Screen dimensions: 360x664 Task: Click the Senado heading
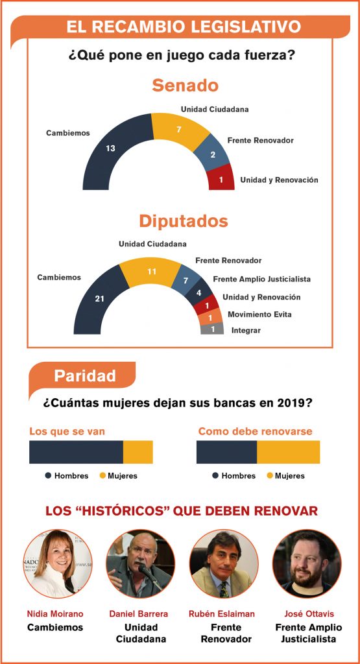pyautogui.click(x=185, y=85)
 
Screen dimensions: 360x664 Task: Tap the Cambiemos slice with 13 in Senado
pyautogui.click(x=111, y=148)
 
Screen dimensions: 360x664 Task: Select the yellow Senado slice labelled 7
pyautogui.click(x=180, y=129)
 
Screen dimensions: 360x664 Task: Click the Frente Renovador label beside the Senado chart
pyautogui.click(x=261, y=140)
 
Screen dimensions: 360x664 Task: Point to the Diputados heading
pyautogui.click(x=184, y=221)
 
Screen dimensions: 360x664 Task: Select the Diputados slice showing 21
pyautogui.click(x=99, y=298)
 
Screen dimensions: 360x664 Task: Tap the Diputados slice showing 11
pyautogui.click(x=152, y=272)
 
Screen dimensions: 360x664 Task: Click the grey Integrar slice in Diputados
pyautogui.click(x=211, y=329)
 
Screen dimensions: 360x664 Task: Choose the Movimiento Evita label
pyautogui.click(x=259, y=314)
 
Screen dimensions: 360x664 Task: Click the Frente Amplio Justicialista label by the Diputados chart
pyautogui.click(x=262, y=279)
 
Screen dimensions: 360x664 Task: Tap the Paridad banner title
pyautogui.click(x=85, y=375)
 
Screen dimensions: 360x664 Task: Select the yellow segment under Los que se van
pyautogui.click(x=138, y=452)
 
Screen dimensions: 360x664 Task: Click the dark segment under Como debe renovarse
pyautogui.click(x=226, y=452)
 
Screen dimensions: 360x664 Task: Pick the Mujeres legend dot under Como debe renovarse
pyautogui.click(x=270, y=475)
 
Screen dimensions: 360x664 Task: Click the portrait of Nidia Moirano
pyautogui.click(x=56, y=563)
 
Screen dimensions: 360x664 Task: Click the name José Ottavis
pyautogui.click(x=309, y=613)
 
